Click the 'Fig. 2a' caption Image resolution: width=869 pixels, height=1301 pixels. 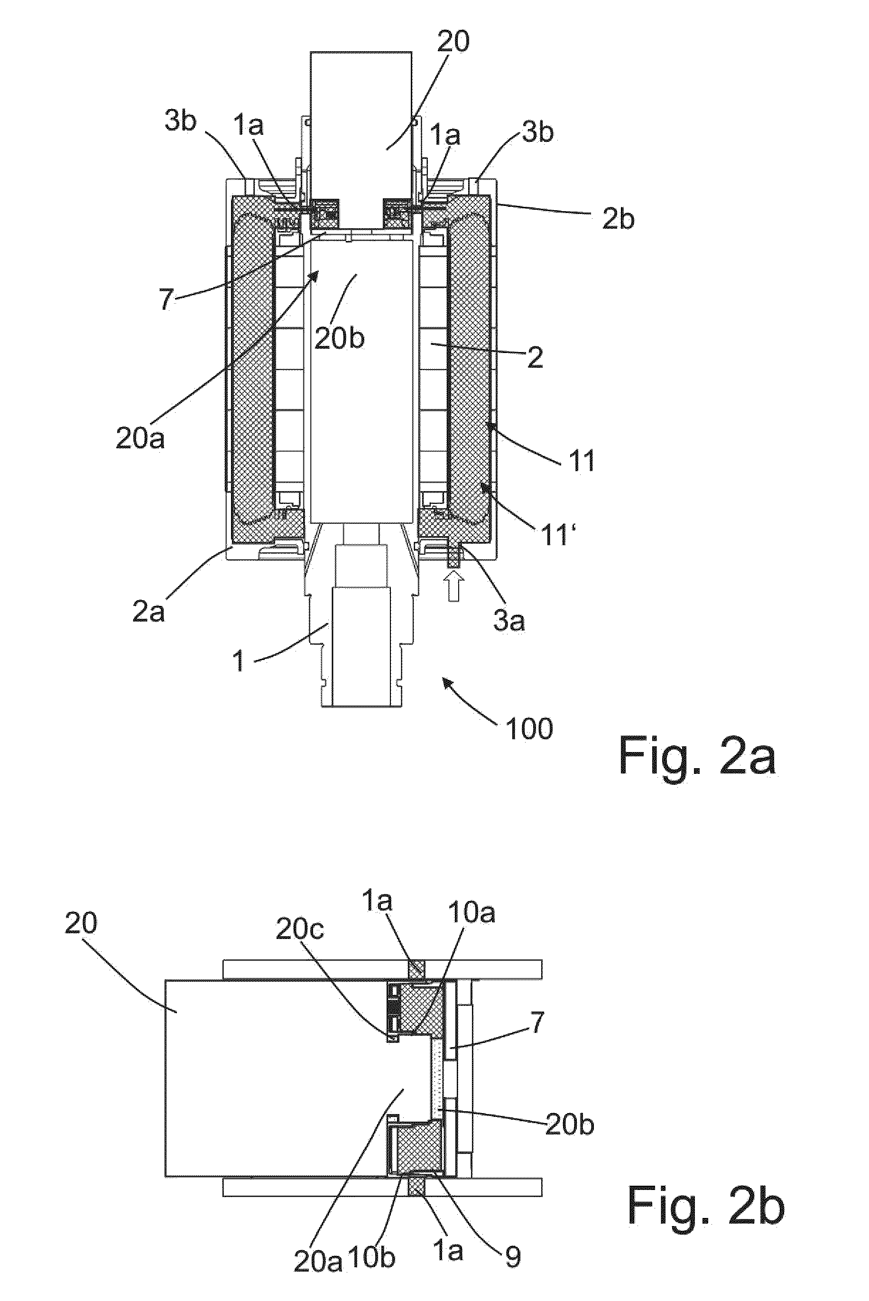[x=697, y=755]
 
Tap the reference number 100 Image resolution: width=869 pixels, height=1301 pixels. [x=529, y=728]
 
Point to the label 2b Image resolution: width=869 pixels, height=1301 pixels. [x=618, y=220]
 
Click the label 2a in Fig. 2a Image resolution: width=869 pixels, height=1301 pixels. [x=148, y=612]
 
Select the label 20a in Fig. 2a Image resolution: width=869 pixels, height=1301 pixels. [x=139, y=438]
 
